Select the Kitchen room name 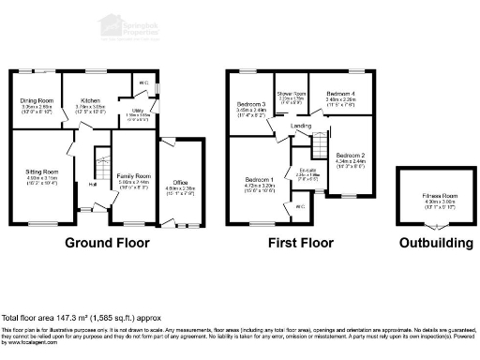[90, 100]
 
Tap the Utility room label [137, 110]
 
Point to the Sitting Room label [41, 172]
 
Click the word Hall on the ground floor [93, 184]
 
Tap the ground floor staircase [98, 169]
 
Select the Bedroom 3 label [251, 104]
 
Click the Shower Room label [294, 95]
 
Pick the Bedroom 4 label [340, 95]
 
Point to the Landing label [301, 125]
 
